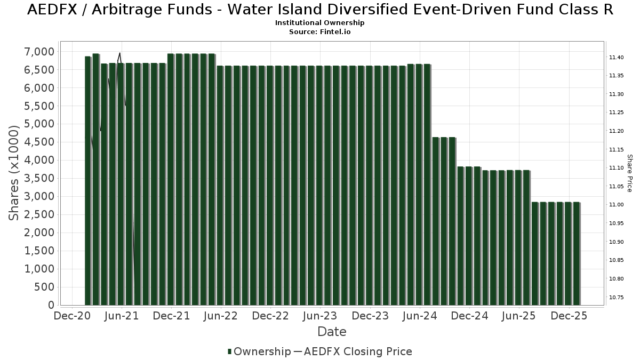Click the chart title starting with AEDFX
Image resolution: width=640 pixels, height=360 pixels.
[320, 10]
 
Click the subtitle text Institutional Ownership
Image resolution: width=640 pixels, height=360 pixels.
[320, 23]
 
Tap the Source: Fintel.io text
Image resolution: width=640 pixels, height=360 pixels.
[320, 31]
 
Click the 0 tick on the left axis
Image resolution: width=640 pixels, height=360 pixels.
[51, 305]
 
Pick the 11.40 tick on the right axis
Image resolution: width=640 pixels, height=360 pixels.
[616, 57]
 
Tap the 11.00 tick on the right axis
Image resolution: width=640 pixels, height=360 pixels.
[616, 205]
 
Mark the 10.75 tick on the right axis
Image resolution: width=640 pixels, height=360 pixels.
[616, 297]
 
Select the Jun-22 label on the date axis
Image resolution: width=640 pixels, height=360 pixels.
[221, 316]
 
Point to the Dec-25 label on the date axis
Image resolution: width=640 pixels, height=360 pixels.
[569, 316]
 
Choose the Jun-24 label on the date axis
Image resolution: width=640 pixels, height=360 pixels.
[420, 316]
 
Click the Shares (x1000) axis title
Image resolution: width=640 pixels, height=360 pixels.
[14, 173]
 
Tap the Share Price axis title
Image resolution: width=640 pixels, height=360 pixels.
[629, 173]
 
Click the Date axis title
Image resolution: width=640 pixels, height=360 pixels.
[332, 332]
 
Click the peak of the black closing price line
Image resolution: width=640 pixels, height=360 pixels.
[120, 53]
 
